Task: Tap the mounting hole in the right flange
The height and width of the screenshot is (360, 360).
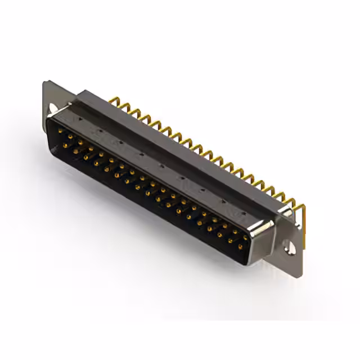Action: [x=290, y=246]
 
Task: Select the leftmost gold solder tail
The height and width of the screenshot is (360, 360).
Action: [x=114, y=102]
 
